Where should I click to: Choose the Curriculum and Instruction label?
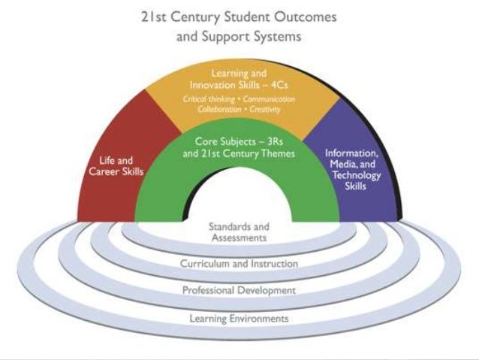point(239,264)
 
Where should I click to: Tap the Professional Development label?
point(239,290)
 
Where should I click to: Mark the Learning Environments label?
point(239,319)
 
